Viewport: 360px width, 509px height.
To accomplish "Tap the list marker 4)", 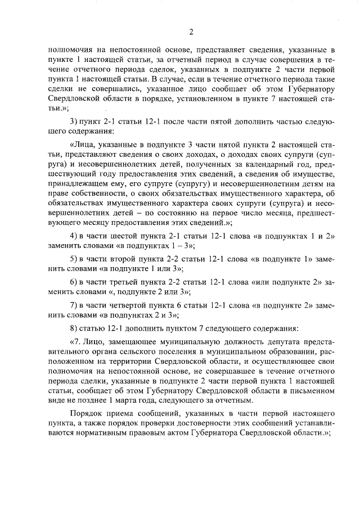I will point(73,236).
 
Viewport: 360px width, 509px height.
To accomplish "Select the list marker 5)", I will point(73,258).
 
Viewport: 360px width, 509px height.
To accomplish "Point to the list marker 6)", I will point(73,281).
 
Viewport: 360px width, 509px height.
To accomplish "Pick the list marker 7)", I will point(73,304).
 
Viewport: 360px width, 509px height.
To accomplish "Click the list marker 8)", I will point(73,327).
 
